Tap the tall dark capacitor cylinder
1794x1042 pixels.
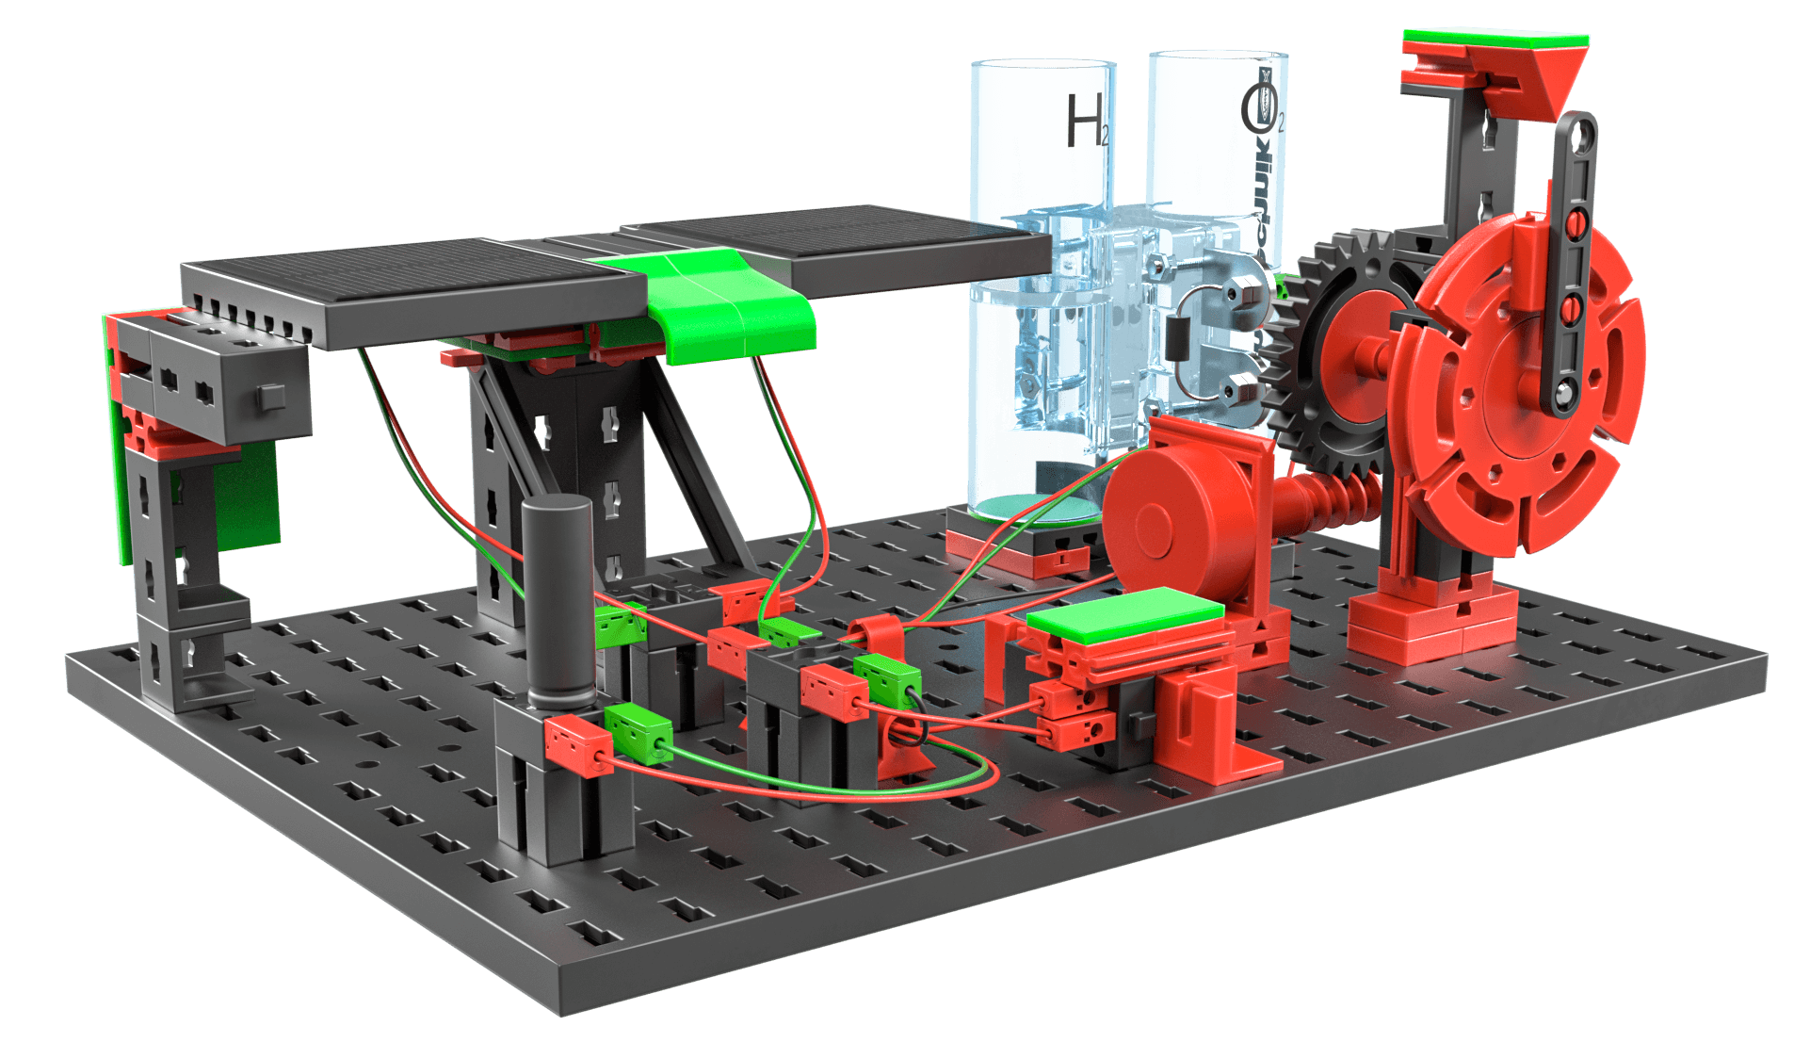[558, 603]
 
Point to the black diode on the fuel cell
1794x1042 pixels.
[1176, 337]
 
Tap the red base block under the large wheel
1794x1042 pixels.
[1431, 622]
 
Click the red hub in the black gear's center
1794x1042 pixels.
[1356, 349]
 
